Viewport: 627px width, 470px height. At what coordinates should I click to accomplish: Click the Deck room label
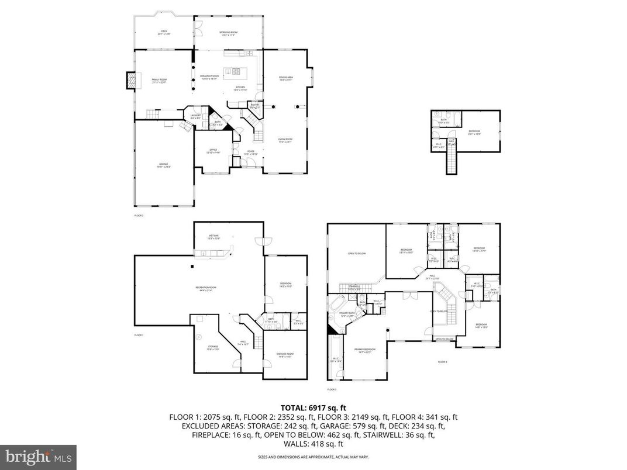click(164, 33)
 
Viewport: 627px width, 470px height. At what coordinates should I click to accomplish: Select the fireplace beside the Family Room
click(133, 81)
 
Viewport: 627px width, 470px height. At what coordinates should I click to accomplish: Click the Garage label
click(164, 165)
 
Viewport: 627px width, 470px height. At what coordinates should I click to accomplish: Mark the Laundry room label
click(196, 116)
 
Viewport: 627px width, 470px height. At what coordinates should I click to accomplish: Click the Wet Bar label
click(213, 237)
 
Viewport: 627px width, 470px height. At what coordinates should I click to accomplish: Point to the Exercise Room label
click(285, 355)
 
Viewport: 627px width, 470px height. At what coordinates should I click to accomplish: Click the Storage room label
click(213, 347)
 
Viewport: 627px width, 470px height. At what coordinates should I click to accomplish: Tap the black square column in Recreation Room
click(192, 266)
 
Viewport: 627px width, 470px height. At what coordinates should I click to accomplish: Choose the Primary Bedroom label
click(364, 350)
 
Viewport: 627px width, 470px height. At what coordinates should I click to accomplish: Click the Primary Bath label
click(347, 315)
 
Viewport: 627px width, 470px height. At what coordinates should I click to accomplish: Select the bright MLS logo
click(38, 455)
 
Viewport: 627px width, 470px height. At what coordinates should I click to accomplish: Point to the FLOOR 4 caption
click(442, 362)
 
